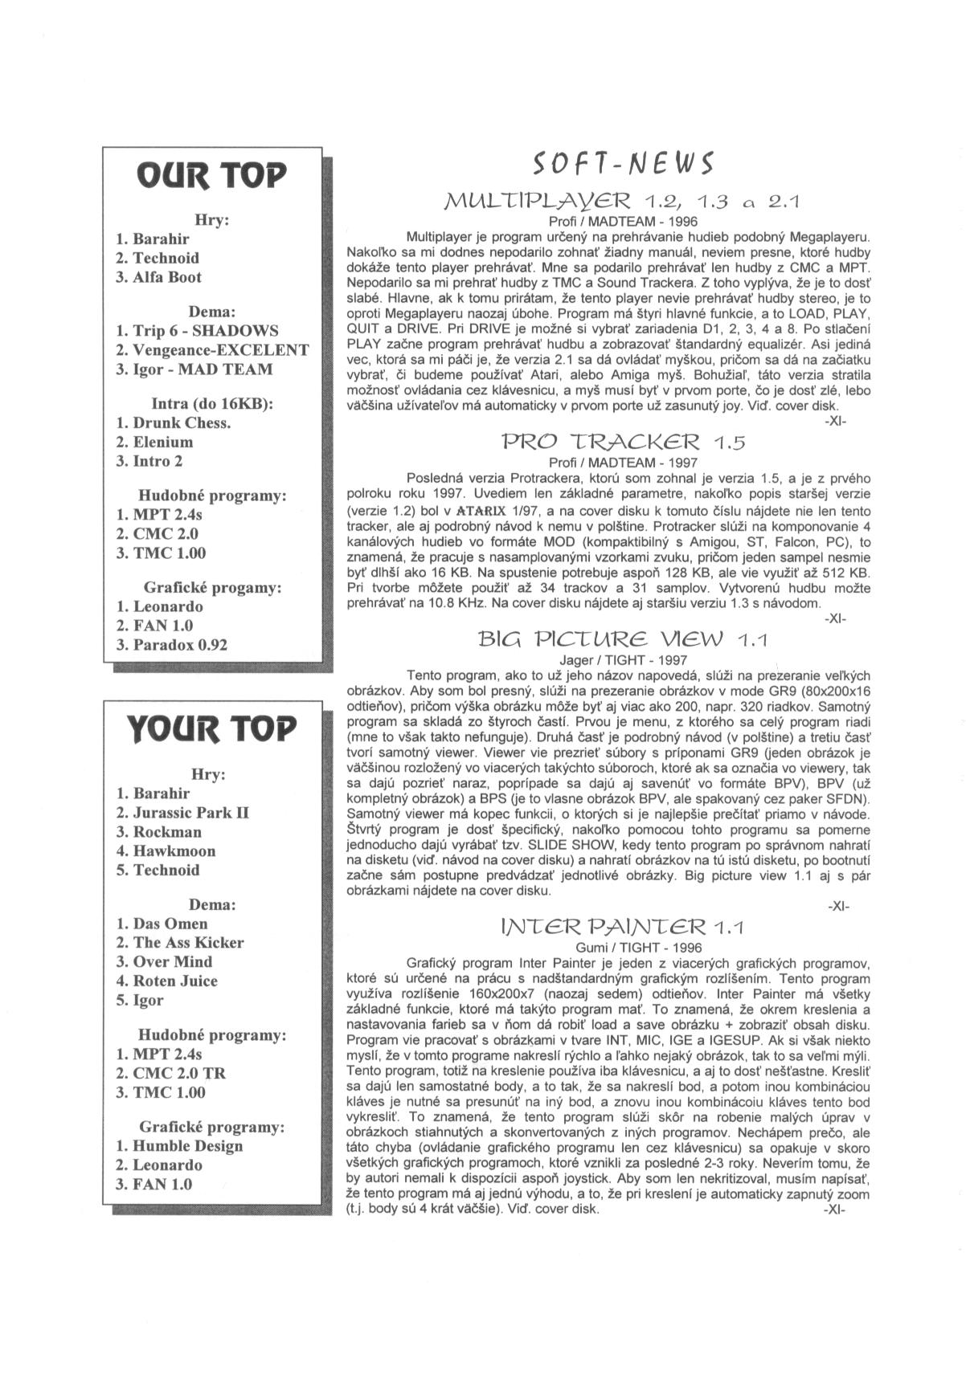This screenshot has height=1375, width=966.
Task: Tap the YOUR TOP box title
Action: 212,728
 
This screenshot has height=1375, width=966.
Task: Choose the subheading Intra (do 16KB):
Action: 213,403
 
